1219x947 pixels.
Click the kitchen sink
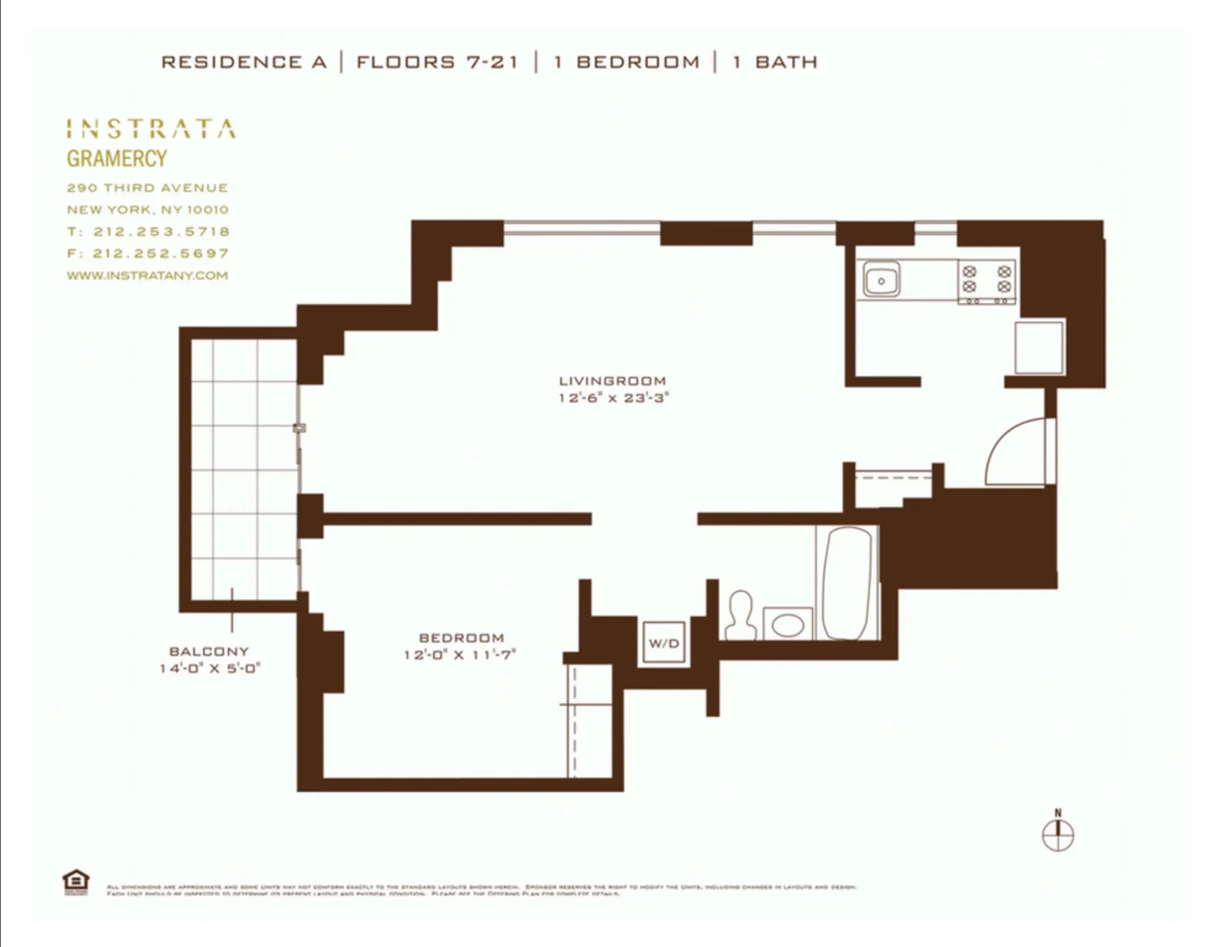pyautogui.click(x=881, y=280)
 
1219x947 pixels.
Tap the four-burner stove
pyautogui.click(x=986, y=282)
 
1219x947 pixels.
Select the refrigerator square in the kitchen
pyautogui.click(x=1039, y=347)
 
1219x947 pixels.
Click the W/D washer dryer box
pyautogui.click(x=664, y=643)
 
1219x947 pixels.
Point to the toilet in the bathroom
pyautogui.click(x=740, y=616)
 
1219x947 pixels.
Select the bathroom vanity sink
pyautogui.click(x=787, y=625)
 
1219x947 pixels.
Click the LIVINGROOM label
pyautogui.click(x=612, y=381)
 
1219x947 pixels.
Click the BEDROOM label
pyautogui.click(x=461, y=638)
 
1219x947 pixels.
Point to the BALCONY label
pyautogui.click(x=209, y=651)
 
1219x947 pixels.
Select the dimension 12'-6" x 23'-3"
pyautogui.click(x=613, y=398)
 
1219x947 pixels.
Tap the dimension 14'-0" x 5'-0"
pyautogui.click(x=210, y=668)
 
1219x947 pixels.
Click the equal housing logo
pyautogui.click(x=76, y=882)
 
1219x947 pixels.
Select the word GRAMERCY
pyautogui.click(x=117, y=159)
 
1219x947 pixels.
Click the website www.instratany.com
pyautogui.click(x=147, y=275)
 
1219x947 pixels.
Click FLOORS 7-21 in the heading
pyautogui.click(x=437, y=62)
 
